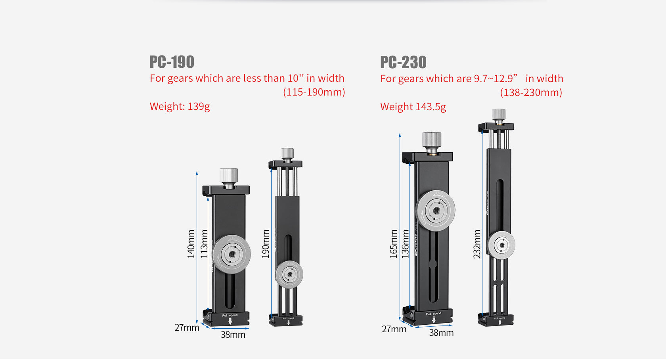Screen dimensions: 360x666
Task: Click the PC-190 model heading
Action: tap(172, 62)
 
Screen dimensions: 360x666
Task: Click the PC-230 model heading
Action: tap(403, 63)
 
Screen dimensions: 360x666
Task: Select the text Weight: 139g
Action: tap(180, 107)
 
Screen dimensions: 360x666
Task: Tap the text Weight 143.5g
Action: tap(413, 107)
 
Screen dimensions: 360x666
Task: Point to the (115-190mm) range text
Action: tap(314, 92)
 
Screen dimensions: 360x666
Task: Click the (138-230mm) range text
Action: tap(531, 93)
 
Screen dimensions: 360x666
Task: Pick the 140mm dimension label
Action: tap(191, 244)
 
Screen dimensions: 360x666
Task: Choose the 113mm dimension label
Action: tap(204, 244)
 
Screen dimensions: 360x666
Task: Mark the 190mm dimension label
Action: tap(266, 244)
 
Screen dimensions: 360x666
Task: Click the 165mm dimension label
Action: tap(394, 244)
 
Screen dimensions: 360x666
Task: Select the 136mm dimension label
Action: tap(406, 244)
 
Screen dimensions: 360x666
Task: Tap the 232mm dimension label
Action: tap(477, 244)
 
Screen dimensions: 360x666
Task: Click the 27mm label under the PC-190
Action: tap(187, 328)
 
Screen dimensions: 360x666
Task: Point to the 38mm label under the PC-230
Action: tap(441, 333)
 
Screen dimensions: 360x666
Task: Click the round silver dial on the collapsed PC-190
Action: tap(232, 254)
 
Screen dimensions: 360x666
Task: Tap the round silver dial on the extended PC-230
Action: tap(501, 245)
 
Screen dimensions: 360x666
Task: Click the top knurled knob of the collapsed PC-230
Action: tap(431, 141)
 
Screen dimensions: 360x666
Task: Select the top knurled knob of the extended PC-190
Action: tap(287, 153)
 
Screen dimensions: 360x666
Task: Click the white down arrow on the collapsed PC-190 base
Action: tap(230, 322)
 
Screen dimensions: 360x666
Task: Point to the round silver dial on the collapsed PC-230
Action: tap(435, 211)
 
